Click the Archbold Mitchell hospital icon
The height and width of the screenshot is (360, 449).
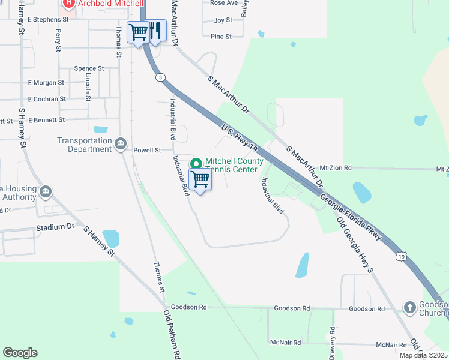tap(68, 4)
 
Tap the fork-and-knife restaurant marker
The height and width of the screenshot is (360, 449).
tap(155, 31)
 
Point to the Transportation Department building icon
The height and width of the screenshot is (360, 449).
tap(120, 143)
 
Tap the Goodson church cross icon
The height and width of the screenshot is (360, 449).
tap(410, 307)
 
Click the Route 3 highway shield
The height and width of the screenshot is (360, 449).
tap(160, 77)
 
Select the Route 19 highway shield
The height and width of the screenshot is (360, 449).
tap(401, 256)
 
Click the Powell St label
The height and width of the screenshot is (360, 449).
tap(147, 151)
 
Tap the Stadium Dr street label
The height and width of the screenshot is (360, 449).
tap(55, 227)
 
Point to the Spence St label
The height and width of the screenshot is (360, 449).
tap(89, 69)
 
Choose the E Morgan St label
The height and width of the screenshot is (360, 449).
tap(46, 83)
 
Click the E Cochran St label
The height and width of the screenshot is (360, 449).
tap(47, 99)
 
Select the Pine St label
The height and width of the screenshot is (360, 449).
tap(221, 37)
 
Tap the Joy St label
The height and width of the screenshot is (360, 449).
tap(223, 20)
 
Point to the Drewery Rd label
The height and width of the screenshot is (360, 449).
tap(332, 342)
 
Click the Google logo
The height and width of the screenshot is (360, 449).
tap(20, 353)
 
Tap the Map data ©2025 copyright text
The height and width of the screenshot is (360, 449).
tap(424, 356)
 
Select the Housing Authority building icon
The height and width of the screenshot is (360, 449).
tap(46, 193)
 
